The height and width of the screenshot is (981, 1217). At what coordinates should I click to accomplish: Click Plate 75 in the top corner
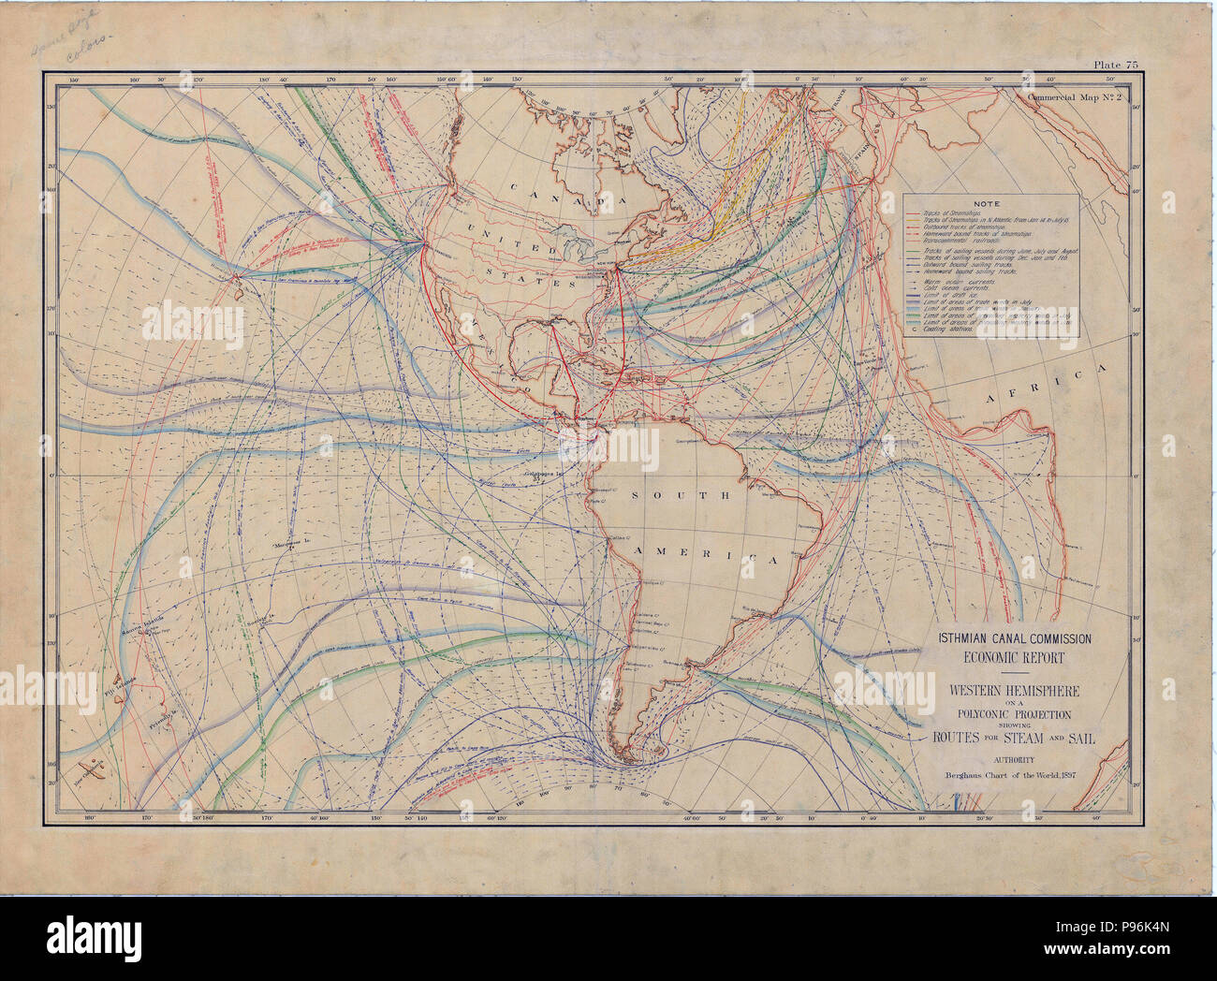(1114, 65)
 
